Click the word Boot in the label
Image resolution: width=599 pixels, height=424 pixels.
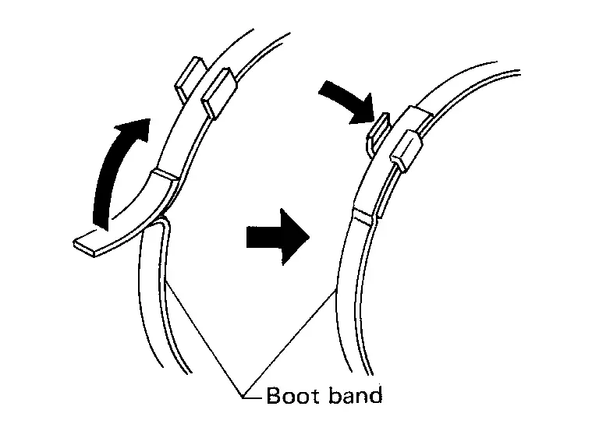point(292,395)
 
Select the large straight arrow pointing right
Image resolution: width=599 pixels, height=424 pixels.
point(278,237)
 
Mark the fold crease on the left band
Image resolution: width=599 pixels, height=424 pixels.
point(165,175)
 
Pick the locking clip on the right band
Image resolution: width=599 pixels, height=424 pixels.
point(406,150)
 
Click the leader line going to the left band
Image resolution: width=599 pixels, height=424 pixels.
point(204,338)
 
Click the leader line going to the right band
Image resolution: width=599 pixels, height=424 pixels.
point(289,343)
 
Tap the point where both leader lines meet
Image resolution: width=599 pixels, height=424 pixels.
point(243,396)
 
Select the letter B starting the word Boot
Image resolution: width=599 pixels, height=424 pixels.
point(274,395)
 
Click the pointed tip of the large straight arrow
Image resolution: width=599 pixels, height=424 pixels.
point(309,237)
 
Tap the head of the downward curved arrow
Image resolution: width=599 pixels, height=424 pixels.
point(363,111)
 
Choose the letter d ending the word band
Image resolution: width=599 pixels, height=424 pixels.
point(376,395)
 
